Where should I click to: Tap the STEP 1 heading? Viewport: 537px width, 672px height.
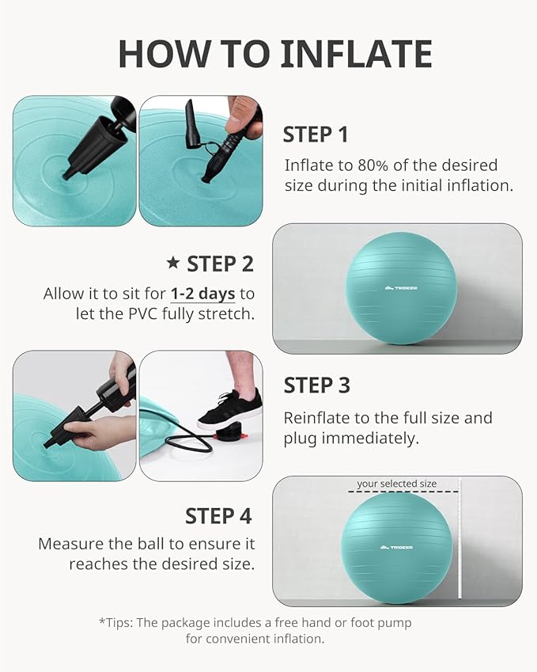[x=315, y=135]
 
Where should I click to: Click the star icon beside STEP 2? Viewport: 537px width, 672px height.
[x=173, y=263]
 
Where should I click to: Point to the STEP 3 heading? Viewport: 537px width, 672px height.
[x=316, y=385]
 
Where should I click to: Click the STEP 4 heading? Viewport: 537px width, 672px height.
[x=218, y=516]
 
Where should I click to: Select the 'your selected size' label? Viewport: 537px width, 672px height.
[x=396, y=484]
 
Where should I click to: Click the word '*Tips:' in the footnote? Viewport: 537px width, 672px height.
[x=116, y=623]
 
